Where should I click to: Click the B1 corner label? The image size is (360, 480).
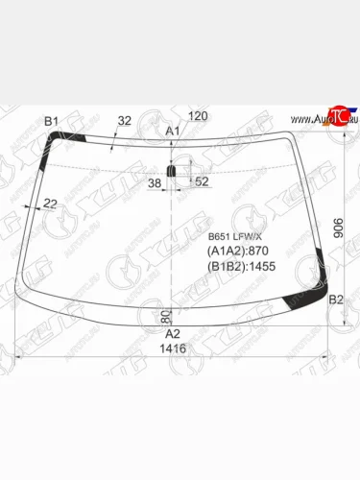[x=53, y=120]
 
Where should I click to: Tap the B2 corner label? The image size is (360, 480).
[x=336, y=300]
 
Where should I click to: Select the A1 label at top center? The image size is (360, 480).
[x=173, y=131]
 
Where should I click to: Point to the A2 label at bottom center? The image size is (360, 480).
[x=173, y=333]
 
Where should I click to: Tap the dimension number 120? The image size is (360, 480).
[x=198, y=116]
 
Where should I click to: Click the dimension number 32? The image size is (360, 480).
[x=124, y=121]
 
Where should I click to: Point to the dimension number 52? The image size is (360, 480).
[x=201, y=180]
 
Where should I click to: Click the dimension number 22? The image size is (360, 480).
[x=50, y=202]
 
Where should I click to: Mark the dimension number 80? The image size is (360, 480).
[x=165, y=315]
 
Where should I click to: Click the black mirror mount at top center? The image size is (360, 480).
[x=173, y=171]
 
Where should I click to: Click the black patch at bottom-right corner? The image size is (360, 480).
[x=314, y=294]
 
